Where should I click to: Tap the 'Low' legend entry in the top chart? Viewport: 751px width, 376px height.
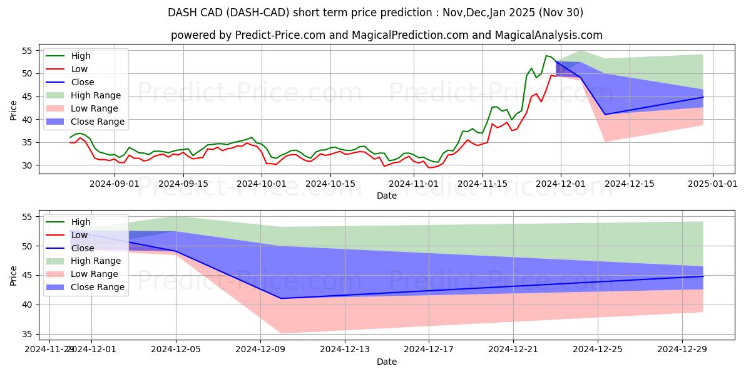tap(79, 69)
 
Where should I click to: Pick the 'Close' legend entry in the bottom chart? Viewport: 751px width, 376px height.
tap(83, 248)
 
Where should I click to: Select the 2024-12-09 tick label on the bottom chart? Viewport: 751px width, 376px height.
tap(260, 349)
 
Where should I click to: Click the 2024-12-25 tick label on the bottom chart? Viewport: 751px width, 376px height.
tap(598, 349)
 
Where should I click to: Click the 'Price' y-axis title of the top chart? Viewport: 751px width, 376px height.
tap(14, 110)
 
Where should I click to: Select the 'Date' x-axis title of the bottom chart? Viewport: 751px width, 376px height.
tap(386, 362)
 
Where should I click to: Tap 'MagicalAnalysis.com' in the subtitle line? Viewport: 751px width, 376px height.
tap(548, 36)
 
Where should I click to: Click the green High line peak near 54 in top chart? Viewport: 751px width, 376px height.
tap(546, 56)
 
